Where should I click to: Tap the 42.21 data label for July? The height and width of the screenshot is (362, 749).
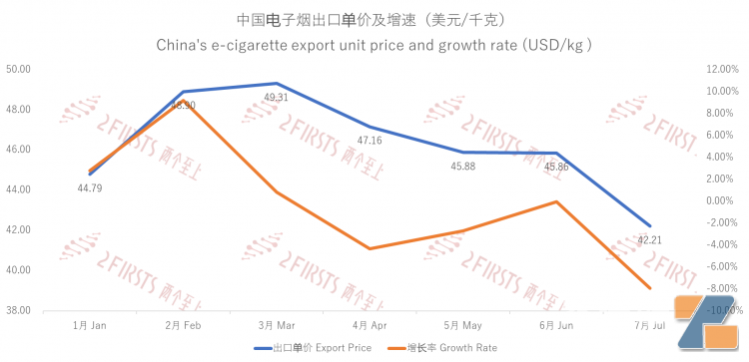pos(649,239)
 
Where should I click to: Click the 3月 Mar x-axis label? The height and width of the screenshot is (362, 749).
pos(277,325)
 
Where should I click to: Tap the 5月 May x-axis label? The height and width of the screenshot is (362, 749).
pos(463,325)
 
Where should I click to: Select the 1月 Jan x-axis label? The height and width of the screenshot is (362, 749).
pos(90,325)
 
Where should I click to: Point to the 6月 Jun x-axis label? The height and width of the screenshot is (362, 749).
pos(556,325)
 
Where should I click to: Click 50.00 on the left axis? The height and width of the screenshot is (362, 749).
pos(18,69)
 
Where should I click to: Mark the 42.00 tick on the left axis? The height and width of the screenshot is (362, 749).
pos(18,229)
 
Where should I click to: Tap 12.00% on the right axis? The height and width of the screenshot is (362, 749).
pos(720,69)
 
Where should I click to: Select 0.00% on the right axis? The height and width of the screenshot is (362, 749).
pos(722,200)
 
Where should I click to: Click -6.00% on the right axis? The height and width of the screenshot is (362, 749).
pos(721,266)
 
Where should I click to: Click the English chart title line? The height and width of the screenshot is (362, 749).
pos(374,45)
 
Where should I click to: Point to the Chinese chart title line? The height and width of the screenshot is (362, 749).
pos(374,19)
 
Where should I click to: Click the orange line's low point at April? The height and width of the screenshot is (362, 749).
pos(370,248)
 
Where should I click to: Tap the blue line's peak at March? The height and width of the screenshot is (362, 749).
pos(277,83)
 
